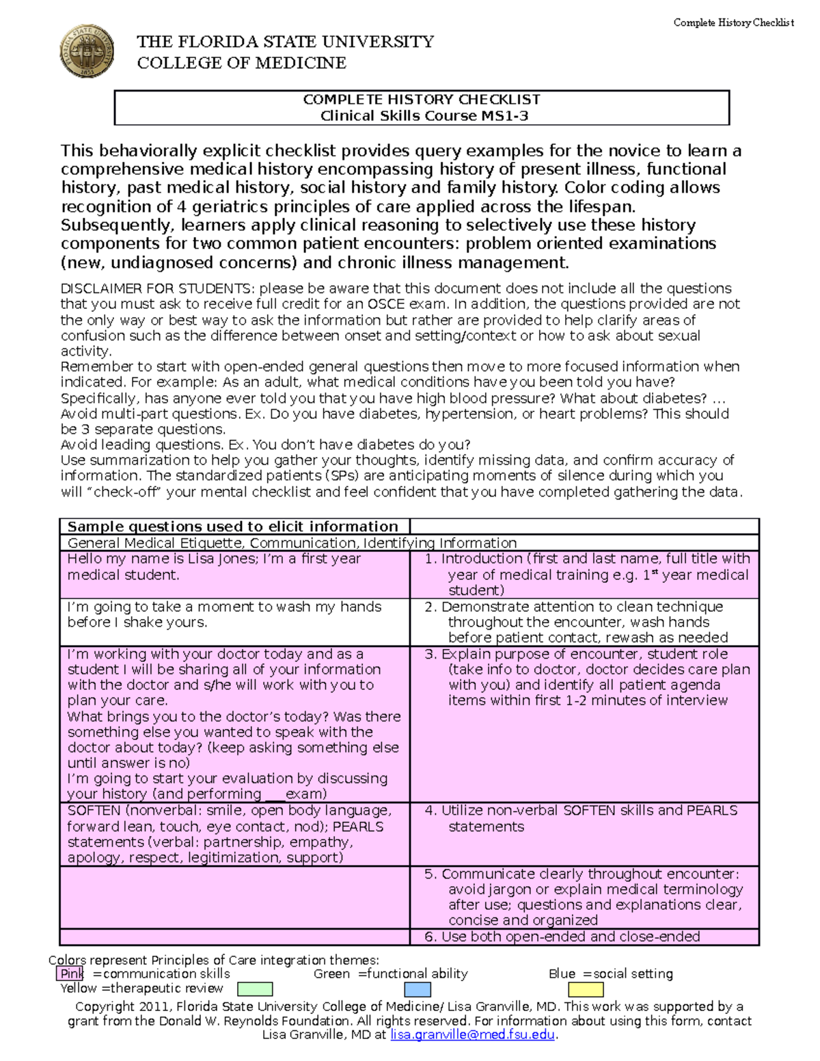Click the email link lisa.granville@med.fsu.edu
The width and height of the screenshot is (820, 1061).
pyautogui.click(x=472, y=1035)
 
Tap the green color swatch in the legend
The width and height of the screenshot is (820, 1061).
pyautogui.click(x=255, y=989)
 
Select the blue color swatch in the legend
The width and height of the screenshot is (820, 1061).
pyautogui.click(x=417, y=989)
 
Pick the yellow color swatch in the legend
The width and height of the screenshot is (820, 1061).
pyautogui.click(x=586, y=989)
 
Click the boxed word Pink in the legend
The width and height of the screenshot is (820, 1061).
pyautogui.click(x=71, y=974)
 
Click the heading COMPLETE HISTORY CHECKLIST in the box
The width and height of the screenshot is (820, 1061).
pyautogui.click(x=422, y=100)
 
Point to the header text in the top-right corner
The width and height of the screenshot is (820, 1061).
pyautogui.click(x=733, y=23)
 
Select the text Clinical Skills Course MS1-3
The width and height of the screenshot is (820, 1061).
pyautogui.click(x=424, y=116)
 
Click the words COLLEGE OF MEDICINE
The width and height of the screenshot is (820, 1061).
pyautogui.click(x=241, y=64)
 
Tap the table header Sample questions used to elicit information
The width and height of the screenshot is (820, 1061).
pyautogui.click(x=232, y=527)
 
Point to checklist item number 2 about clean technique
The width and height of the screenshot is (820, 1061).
pyautogui.click(x=584, y=622)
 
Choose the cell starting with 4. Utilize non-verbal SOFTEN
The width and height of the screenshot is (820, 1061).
pyautogui.click(x=584, y=818)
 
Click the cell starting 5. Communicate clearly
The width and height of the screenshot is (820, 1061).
pyautogui.click(x=584, y=896)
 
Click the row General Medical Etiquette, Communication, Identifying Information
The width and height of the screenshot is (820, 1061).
pyautogui.click(x=292, y=543)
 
